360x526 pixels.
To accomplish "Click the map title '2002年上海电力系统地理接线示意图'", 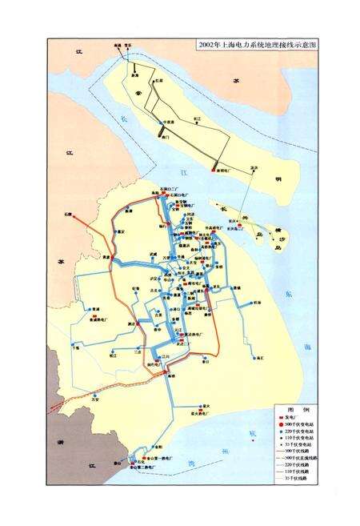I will [255, 46].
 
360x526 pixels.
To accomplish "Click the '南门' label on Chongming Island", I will [165, 138].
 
